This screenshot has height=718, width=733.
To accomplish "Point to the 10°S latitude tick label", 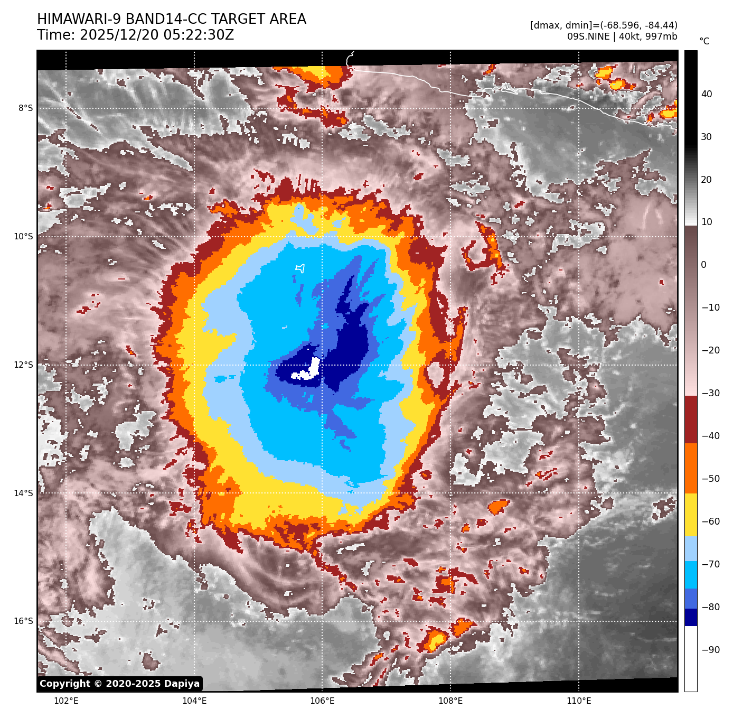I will (x=23, y=237).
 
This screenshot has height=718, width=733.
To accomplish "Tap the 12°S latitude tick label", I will (x=23, y=365).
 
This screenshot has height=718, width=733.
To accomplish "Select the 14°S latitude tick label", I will (x=23, y=493).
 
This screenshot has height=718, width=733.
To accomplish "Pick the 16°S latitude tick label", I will (x=23, y=621).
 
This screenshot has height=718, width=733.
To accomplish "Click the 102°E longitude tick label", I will (x=66, y=701).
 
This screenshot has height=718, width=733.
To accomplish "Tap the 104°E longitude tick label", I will (x=194, y=701).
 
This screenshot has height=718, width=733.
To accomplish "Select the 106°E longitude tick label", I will (x=322, y=701).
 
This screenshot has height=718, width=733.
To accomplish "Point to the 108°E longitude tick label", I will (x=450, y=701).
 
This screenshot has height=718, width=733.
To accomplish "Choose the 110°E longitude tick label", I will (x=579, y=701).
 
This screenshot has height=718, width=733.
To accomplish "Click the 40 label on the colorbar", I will (x=707, y=94).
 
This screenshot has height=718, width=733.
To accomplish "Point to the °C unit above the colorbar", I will (x=704, y=41).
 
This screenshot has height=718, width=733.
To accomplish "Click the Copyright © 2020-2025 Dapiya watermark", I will (x=120, y=684).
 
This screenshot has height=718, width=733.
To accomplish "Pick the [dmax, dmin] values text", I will (x=604, y=25).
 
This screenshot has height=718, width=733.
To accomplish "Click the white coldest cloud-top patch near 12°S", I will (x=309, y=372).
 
